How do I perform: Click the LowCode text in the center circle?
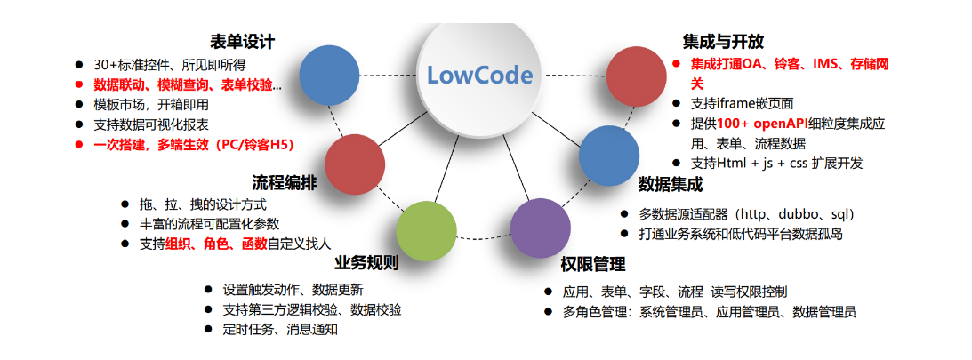click(480, 75)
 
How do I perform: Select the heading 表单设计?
click(242, 42)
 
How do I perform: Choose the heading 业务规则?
click(366, 263)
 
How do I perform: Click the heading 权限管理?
click(593, 264)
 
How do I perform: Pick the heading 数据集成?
click(671, 185)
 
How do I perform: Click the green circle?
click(426, 231)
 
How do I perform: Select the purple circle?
click(541, 228)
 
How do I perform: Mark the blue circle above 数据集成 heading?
click(609, 156)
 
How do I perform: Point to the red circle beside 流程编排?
click(354, 164)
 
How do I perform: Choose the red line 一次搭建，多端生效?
click(193, 145)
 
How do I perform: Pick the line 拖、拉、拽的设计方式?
click(203, 204)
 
